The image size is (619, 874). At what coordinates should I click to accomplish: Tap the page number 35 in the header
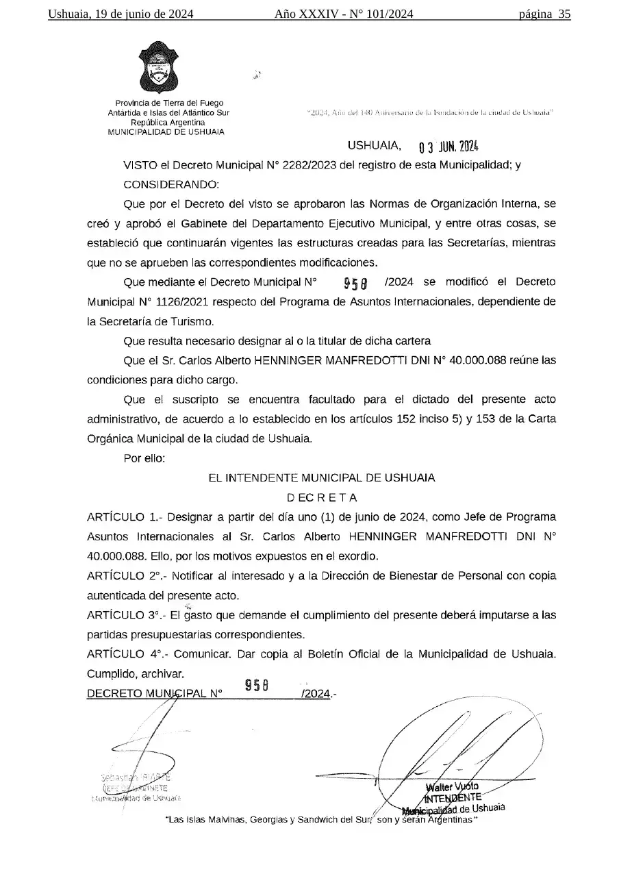click(564, 14)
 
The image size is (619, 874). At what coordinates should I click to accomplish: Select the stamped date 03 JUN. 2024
click(448, 147)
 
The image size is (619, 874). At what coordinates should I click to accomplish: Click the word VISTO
click(139, 164)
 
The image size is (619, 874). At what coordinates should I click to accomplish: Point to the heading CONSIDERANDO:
click(171, 184)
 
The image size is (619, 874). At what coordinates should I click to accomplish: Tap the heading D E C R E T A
click(322, 497)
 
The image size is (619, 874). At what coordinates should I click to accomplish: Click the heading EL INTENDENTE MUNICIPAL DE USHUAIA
click(322, 477)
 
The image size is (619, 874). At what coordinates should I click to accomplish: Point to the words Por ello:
click(144, 458)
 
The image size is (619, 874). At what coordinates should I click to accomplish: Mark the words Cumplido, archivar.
click(136, 674)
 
